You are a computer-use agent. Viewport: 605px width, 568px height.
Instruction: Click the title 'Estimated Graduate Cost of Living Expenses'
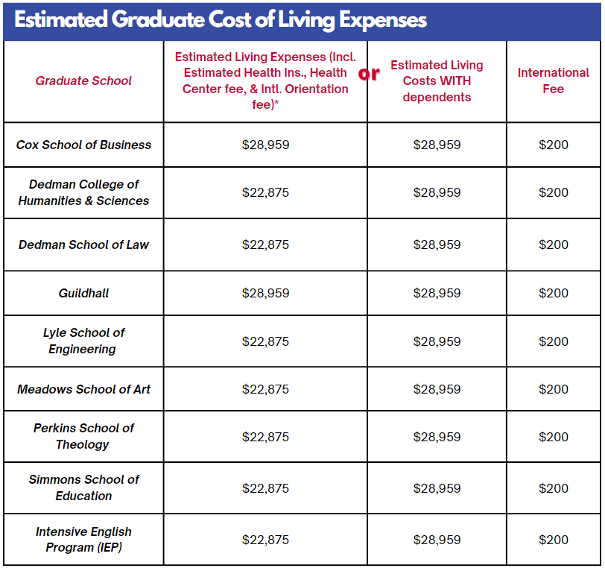point(221,20)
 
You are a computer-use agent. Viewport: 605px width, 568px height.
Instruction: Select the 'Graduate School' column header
point(83,81)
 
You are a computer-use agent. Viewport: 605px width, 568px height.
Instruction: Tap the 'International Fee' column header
point(553,81)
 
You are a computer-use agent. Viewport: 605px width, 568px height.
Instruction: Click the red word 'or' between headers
point(369,73)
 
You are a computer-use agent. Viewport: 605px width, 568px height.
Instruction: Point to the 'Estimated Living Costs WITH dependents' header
point(437,81)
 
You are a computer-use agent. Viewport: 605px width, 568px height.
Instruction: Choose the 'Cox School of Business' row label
point(83,145)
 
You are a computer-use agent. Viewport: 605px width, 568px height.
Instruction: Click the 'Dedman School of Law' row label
point(83,244)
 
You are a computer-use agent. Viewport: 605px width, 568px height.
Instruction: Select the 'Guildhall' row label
point(83,293)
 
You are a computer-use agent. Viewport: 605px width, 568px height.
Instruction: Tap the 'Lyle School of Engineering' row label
point(83,341)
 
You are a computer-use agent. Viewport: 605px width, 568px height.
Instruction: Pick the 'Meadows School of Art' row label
point(83,389)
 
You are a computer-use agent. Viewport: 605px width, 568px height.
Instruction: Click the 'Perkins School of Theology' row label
point(83,436)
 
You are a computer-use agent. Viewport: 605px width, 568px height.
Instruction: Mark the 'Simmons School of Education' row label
point(83,487)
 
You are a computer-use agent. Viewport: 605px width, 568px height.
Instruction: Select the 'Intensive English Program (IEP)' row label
point(83,540)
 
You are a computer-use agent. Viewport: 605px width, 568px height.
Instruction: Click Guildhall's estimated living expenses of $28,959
point(265,293)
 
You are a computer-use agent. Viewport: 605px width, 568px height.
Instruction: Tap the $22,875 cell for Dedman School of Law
point(265,244)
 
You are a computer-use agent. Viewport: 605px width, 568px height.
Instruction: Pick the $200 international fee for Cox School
point(553,145)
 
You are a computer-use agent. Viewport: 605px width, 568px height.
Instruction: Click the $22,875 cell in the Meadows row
point(265,389)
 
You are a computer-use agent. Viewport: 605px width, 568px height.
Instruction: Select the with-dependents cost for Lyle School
point(437,341)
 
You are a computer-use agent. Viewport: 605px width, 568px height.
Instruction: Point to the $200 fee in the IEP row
point(553,540)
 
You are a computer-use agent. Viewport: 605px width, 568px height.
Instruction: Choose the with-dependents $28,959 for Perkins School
point(437,437)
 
